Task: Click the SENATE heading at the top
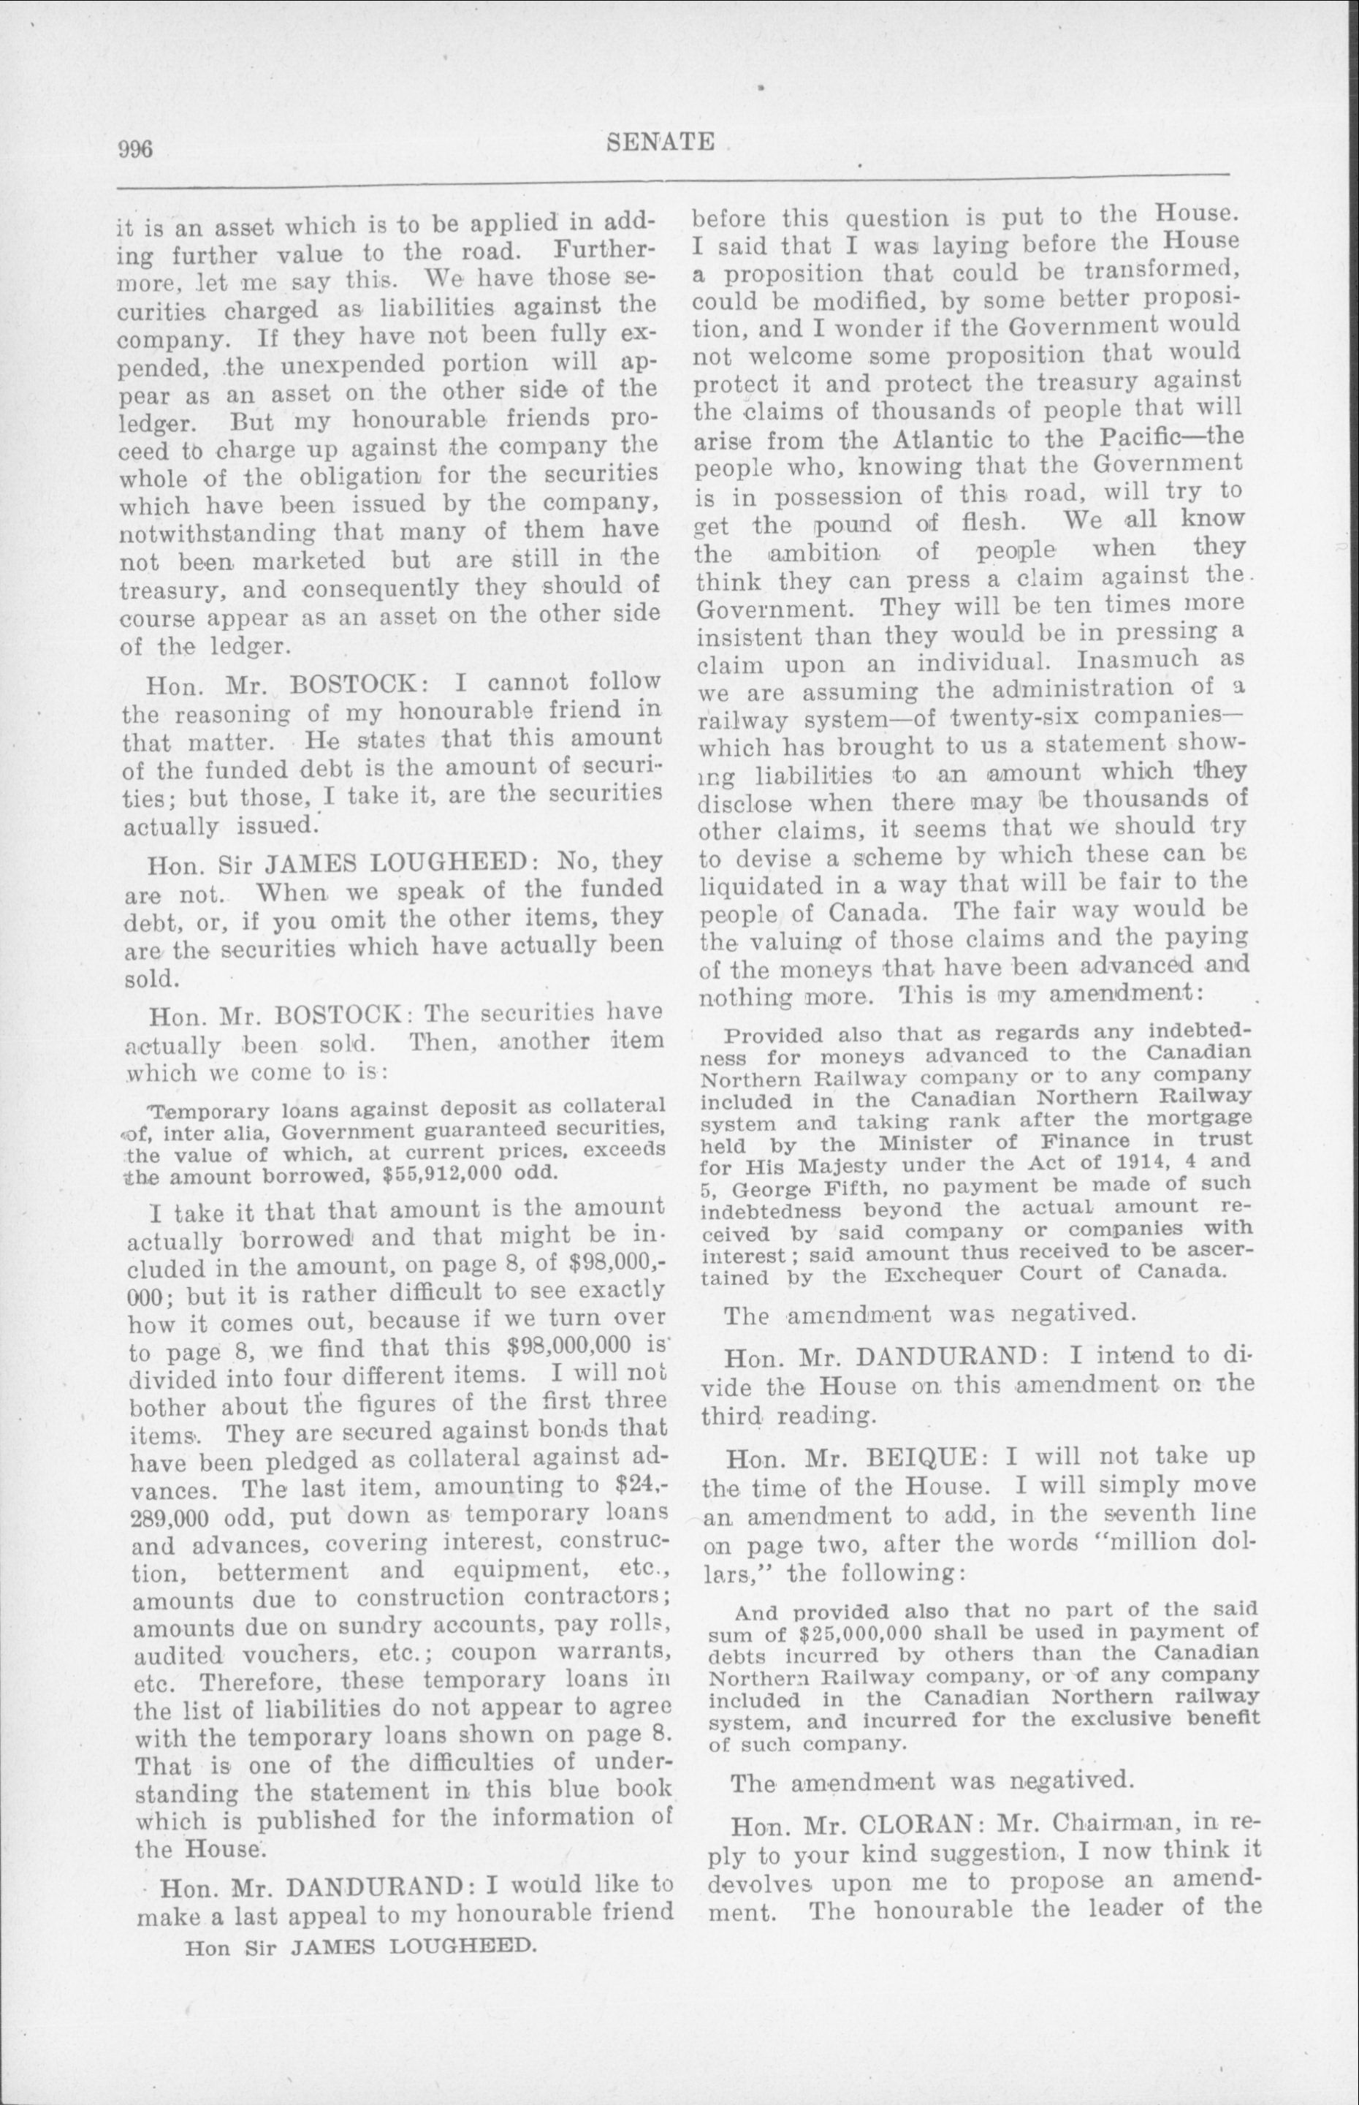click(x=661, y=141)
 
